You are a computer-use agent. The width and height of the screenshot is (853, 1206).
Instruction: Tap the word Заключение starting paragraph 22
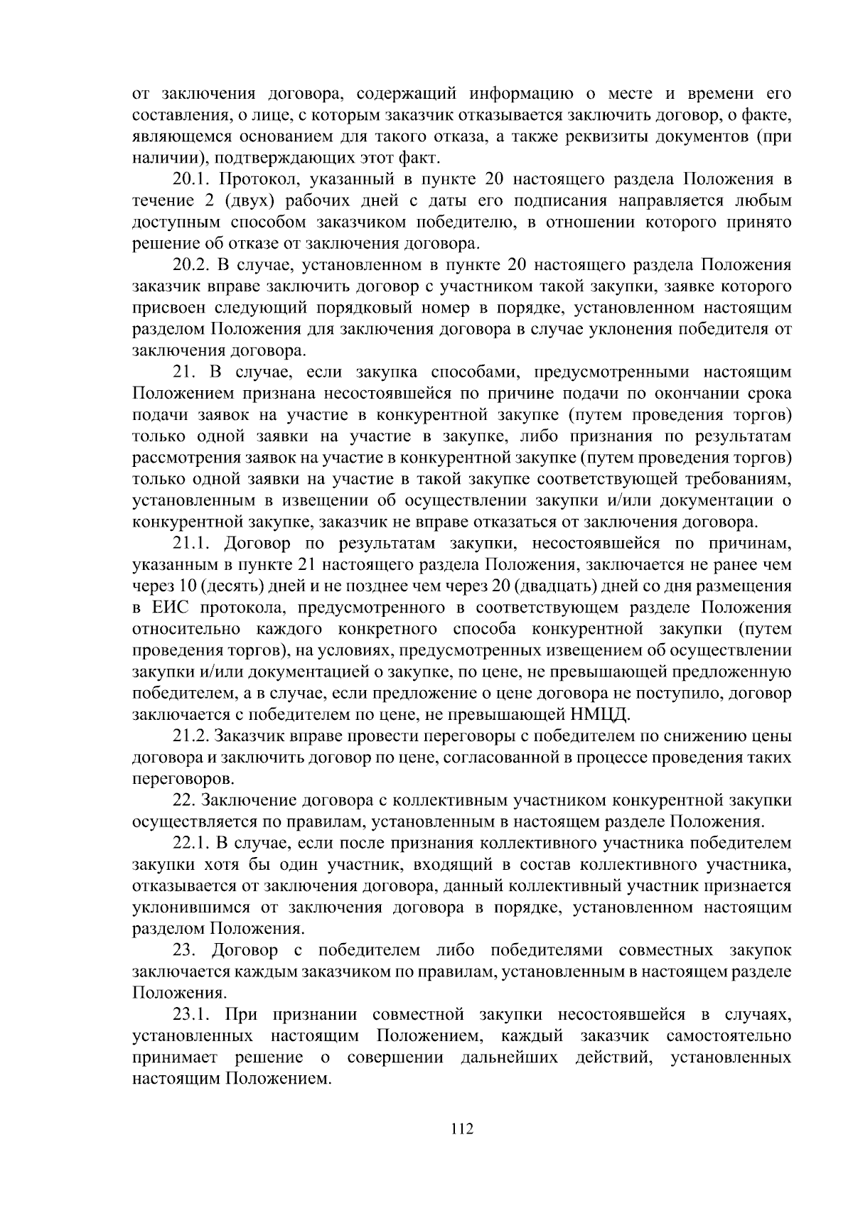tap(249, 801)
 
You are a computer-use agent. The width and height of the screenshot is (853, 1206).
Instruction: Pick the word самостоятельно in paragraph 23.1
tap(729, 1036)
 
